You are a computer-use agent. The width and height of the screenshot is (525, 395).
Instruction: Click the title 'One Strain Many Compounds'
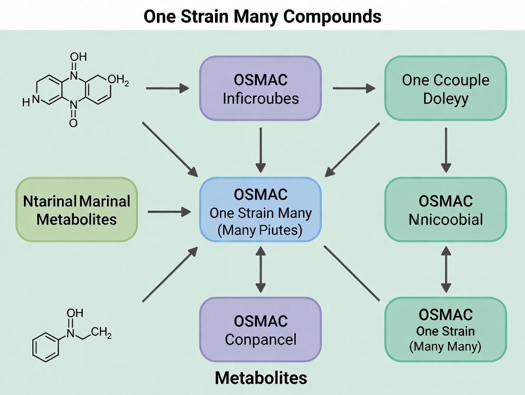tap(262, 16)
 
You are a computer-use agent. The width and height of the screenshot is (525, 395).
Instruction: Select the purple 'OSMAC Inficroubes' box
tap(260, 88)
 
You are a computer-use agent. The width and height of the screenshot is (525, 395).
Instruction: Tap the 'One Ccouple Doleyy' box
tap(445, 88)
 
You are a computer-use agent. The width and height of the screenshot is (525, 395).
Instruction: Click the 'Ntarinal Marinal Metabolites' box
tap(77, 209)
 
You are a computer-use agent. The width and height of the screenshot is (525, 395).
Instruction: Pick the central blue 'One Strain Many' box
tap(260, 209)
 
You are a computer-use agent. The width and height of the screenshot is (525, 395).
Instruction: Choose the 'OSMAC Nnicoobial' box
tap(445, 209)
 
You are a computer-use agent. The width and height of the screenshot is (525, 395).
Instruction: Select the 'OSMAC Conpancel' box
tap(260, 329)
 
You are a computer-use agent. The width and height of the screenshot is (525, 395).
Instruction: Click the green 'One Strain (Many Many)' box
tap(445, 329)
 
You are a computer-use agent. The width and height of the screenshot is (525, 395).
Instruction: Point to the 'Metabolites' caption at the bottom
tap(261, 378)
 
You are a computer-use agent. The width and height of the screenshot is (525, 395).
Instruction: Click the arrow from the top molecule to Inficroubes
tap(167, 88)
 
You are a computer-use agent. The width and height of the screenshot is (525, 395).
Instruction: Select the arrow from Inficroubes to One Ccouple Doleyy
tap(354, 88)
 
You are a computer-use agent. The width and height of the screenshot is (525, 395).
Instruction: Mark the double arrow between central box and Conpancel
tap(260, 269)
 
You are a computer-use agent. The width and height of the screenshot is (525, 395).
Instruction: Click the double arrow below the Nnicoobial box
tap(445, 269)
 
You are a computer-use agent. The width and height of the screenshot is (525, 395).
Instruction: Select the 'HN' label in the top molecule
tap(29, 101)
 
